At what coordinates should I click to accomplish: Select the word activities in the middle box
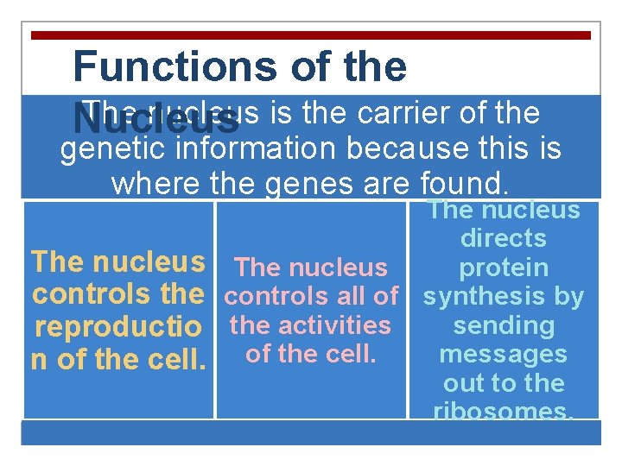(x=340, y=325)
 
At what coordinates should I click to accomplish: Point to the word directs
(x=504, y=238)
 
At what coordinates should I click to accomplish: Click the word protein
(x=504, y=268)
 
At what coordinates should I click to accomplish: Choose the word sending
(x=504, y=325)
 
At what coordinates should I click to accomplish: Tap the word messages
(x=504, y=354)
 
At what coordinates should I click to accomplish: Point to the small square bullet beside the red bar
(x=35, y=35)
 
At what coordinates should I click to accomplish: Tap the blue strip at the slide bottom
(x=311, y=432)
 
